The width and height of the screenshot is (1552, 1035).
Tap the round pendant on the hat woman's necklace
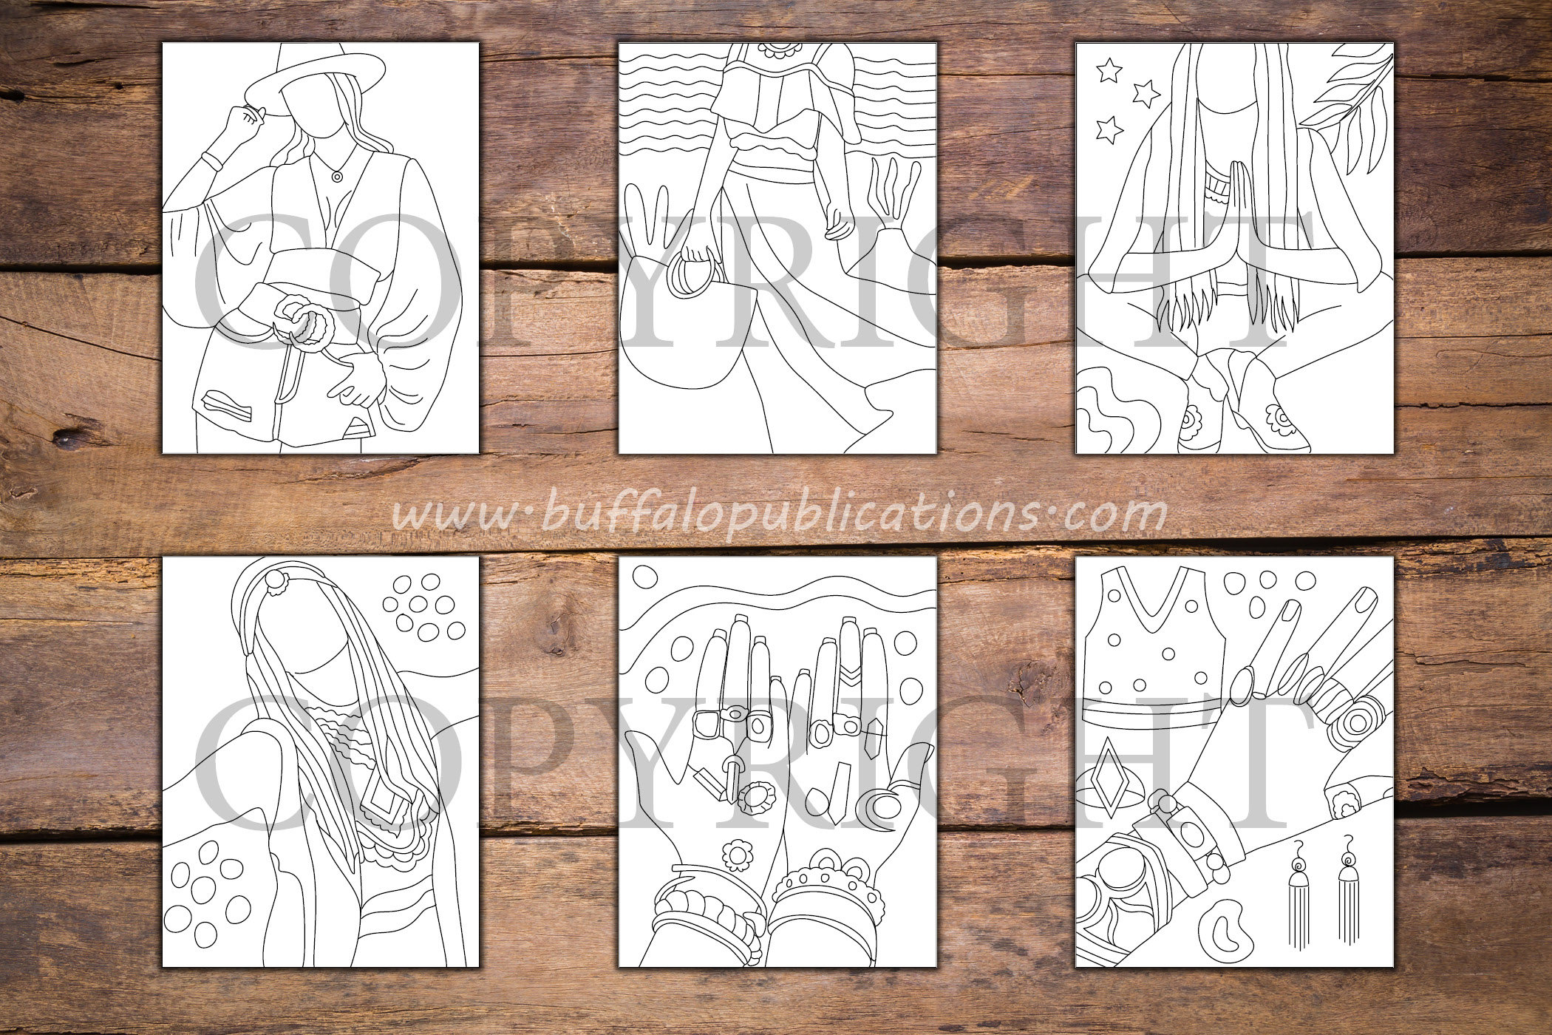pyautogui.click(x=337, y=176)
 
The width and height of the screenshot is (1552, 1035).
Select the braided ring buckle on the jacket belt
pyautogui.click(x=302, y=322)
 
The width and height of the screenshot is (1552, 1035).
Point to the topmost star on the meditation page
pyautogui.click(x=1109, y=71)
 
